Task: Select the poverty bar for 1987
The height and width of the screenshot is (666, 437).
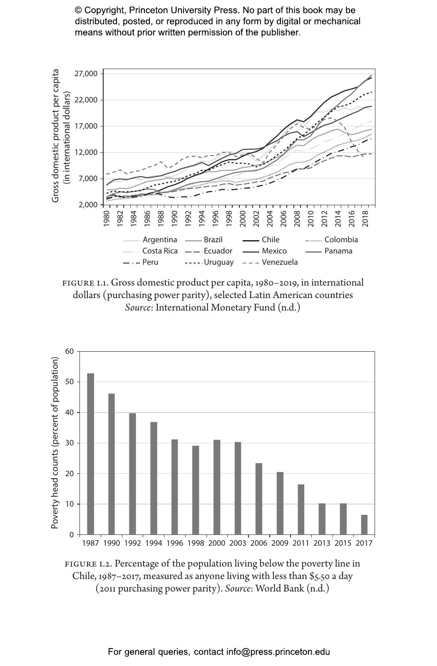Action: point(90,454)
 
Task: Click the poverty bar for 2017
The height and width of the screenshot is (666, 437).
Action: point(364,524)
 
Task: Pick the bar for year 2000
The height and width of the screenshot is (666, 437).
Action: point(217,487)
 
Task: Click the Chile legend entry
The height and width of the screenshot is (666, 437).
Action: point(271,240)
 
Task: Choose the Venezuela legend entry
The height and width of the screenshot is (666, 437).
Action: point(279,262)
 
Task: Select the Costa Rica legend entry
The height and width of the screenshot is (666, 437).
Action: point(160,251)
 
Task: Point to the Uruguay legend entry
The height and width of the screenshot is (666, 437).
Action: point(218,262)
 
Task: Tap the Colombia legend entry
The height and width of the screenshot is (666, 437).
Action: point(341,240)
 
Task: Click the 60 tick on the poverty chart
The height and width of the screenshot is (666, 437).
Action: point(70,351)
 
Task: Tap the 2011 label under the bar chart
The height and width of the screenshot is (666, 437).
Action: point(301,543)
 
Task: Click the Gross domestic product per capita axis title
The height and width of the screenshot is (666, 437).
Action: point(56,136)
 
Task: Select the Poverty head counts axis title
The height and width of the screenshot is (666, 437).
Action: point(55,443)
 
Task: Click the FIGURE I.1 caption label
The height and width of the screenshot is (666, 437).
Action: point(85,283)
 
